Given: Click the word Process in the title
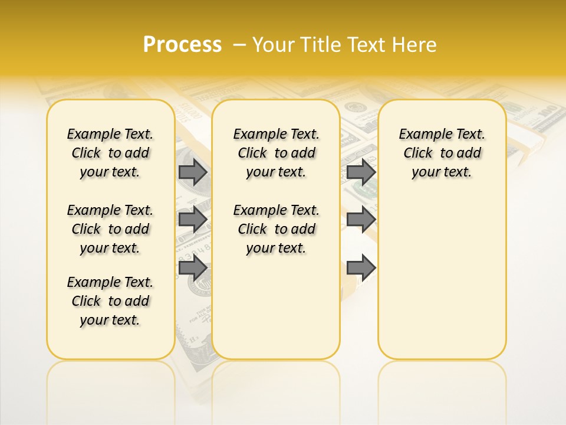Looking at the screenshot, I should coord(182,45).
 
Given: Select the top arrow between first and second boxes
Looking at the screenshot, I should coord(193,172).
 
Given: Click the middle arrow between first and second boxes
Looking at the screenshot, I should coord(193,220).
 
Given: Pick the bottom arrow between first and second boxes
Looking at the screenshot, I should coord(193,267).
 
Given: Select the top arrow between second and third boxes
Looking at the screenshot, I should coord(361,172).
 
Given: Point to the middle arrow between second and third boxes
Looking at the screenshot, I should coord(361,220).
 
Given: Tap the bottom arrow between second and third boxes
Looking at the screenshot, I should coord(361,267).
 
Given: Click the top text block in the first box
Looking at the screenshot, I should coord(110,153).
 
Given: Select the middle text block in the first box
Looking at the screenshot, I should coord(110,229).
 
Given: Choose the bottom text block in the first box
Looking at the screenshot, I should coord(110,301).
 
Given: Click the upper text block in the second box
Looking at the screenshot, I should coord(276,153).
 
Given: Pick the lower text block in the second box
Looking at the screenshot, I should coord(276,229).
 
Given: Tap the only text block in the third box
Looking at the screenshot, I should coord(442,153).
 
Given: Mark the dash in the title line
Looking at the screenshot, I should coord(239,45).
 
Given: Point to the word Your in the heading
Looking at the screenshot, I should coord(275,45).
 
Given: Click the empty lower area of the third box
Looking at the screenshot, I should coord(442,277).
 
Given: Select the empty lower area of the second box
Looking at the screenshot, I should coord(276,307).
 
